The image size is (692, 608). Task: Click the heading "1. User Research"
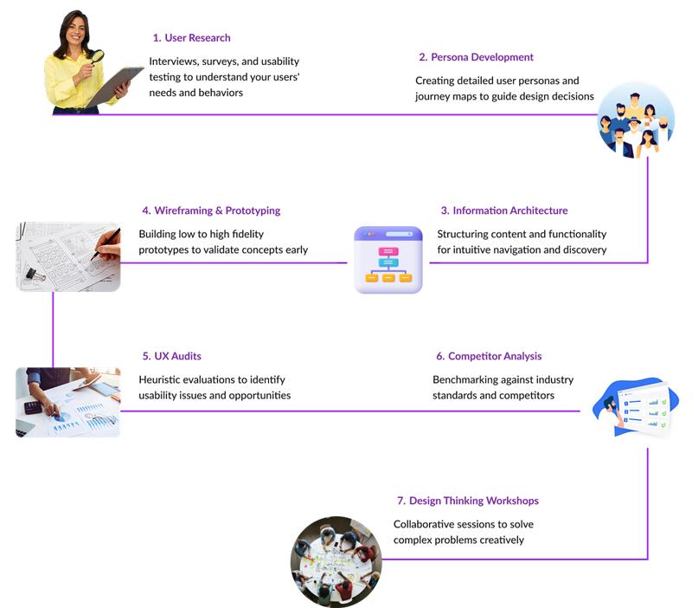[191, 38]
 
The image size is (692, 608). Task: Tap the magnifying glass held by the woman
[97, 56]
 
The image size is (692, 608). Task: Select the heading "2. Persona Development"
[476, 57]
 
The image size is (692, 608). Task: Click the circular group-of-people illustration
[635, 120]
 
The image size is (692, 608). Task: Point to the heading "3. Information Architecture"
[503, 210]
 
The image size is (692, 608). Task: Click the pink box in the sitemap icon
[388, 251]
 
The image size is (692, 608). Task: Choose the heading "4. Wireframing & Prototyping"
[211, 210]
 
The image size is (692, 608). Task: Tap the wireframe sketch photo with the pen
[68, 255]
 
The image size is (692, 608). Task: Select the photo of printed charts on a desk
[68, 402]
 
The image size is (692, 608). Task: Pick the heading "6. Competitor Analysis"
[489, 356]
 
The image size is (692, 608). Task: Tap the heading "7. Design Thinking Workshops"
[467, 501]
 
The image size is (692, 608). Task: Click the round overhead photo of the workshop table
[336, 561]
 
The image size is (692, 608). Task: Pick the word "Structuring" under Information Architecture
[466, 234]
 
